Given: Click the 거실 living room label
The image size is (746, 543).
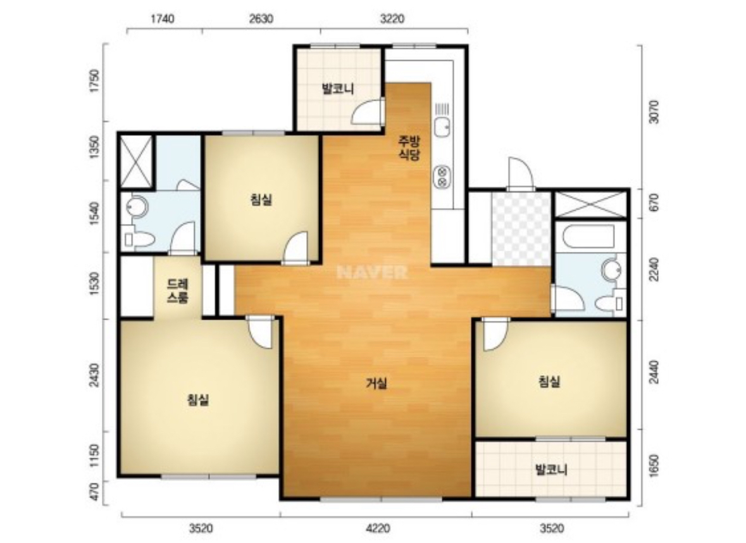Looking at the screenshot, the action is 376,383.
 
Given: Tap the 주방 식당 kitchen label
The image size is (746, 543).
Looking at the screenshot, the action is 409,147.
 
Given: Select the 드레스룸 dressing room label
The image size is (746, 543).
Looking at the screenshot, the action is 178,291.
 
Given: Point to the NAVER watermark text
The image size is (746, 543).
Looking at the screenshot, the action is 372,272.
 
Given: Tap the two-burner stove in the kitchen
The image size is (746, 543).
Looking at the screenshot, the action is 442,177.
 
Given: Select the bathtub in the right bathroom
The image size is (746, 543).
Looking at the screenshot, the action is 588,237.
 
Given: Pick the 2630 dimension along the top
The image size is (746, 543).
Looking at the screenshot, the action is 261,18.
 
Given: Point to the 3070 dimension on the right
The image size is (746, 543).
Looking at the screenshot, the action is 654,112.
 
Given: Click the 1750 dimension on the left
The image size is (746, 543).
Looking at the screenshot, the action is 95,82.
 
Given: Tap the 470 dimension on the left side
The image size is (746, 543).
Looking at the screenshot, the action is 94,492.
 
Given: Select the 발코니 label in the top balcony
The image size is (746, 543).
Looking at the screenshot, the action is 338,89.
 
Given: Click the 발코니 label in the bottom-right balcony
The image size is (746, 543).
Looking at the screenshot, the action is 551,470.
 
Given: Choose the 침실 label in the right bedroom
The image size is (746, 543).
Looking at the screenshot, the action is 549,382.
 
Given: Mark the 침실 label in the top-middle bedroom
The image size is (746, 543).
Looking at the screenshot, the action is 261,199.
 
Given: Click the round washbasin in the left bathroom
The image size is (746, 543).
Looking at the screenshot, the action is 137,206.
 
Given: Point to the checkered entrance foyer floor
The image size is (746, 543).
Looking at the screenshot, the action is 521,228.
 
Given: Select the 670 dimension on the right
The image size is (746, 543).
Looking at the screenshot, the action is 654,204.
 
